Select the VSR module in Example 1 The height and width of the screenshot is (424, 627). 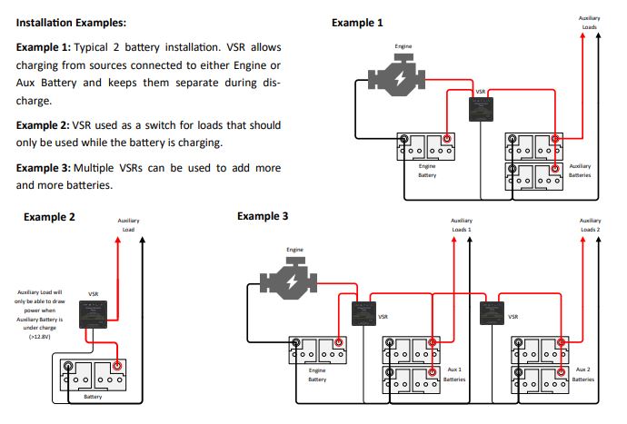coord(481,110)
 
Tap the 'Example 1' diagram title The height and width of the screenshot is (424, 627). coord(357,23)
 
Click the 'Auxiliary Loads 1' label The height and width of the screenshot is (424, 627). coord(462,225)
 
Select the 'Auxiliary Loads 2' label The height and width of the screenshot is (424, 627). coord(590,225)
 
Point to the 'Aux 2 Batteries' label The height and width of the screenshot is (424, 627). coord(583,375)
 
